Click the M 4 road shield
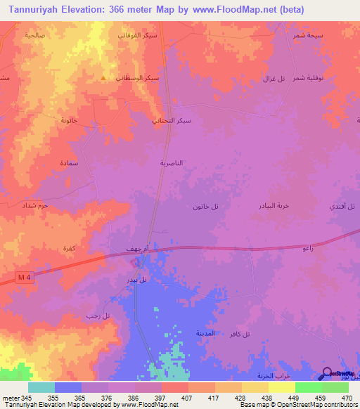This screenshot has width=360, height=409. coord(25,278)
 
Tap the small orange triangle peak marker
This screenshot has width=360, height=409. coord(105,78)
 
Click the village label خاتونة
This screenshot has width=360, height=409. coord(69,120)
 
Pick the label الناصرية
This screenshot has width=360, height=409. coord(172,162)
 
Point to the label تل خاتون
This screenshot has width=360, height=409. coord(205,206)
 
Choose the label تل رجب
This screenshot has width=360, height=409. coord(96,317)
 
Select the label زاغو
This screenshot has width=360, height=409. coord(307,249)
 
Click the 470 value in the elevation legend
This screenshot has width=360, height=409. coord(345,397)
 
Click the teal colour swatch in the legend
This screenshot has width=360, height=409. coord(41,387)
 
